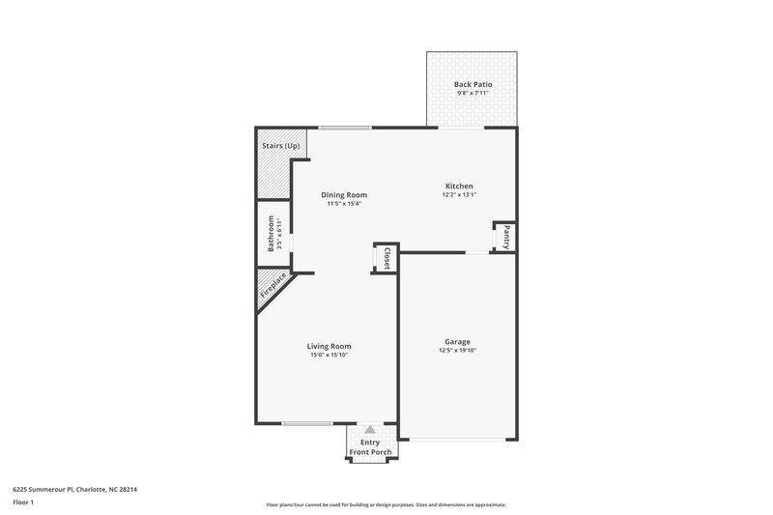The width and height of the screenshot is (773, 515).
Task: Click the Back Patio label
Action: pos(472,85)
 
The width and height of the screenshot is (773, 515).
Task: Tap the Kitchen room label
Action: pos(458,186)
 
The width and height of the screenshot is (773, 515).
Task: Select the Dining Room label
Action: pos(344,194)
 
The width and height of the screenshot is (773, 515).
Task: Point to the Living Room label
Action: pos(329,346)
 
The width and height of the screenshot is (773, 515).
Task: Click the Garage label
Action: pos(457,342)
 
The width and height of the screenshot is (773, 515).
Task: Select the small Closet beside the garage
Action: pos(386,258)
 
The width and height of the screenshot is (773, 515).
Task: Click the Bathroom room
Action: pos(272,234)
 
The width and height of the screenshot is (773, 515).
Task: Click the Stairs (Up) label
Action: pos(280,146)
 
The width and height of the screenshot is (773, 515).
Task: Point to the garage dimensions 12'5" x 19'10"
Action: pos(457,351)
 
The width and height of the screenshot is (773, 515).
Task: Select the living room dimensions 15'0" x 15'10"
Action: pos(329,355)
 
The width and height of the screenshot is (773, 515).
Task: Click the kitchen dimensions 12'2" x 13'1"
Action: pos(458,194)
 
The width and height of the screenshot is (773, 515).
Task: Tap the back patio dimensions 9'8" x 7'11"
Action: pos(472,94)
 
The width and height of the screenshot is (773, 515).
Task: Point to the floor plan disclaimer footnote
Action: pos(386,504)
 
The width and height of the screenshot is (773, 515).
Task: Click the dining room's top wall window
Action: pos(345,128)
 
